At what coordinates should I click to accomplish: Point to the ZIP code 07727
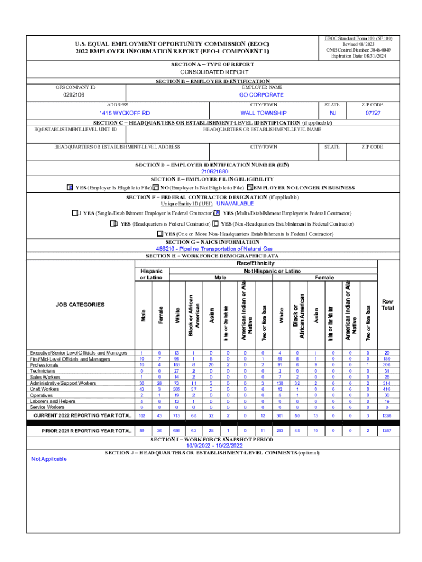point(373,113)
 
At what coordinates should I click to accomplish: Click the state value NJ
point(333,113)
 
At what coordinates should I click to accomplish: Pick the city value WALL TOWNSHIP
point(263,113)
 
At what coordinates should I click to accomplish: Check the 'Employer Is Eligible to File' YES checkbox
point(70,188)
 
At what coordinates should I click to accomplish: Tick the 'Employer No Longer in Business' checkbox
point(250,188)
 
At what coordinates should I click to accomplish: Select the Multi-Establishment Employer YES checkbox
point(217,213)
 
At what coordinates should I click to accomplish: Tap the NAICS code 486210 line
point(210,249)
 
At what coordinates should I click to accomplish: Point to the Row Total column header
point(387,305)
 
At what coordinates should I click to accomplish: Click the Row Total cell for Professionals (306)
point(387,364)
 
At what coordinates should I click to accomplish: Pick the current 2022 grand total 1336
point(387,416)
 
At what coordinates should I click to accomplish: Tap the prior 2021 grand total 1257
point(387,431)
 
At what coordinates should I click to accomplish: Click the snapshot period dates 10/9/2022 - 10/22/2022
point(212,446)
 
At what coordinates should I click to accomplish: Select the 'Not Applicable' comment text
point(49,459)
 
